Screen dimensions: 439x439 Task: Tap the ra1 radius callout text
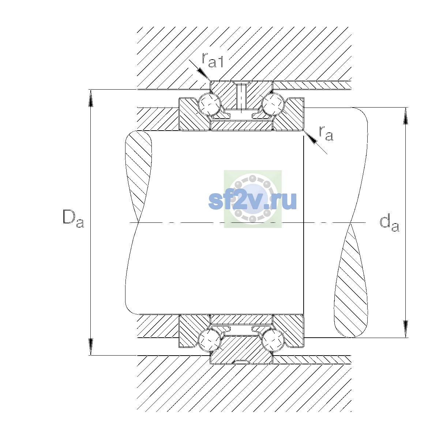click(212, 60)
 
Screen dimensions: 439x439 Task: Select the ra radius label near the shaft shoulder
click(326, 133)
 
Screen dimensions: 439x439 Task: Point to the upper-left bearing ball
click(210, 104)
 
